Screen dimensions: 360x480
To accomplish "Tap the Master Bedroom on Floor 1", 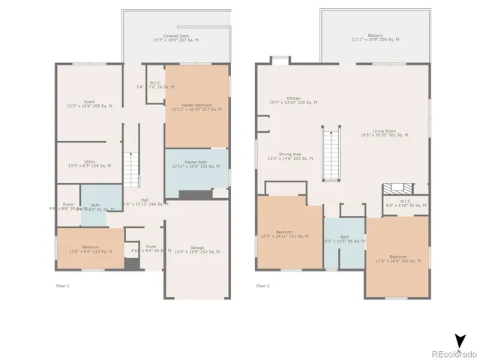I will click(x=196, y=106).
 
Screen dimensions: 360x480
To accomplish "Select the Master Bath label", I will click(x=196, y=164).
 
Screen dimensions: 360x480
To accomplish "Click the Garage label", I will click(x=196, y=250).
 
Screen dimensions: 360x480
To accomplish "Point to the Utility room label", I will click(x=89, y=163).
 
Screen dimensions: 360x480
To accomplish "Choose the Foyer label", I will click(x=151, y=248).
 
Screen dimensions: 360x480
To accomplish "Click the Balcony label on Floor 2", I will click(x=375, y=38).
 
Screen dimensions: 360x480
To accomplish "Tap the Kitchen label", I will click(x=293, y=100).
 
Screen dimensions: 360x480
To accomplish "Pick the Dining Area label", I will click(x=289, y=156).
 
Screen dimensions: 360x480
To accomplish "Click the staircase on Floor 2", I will click(x=330, y=154).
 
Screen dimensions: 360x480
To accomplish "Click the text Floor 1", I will click(x=63, y=286).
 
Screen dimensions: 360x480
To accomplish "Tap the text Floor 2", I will click(x=262, y=286).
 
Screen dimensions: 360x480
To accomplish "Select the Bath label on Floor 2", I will click(x=344, y=240).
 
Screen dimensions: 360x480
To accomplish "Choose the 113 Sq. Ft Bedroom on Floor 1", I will click(x=90, y=250).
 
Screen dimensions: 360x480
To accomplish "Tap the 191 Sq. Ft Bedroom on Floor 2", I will click(x=289, y=234).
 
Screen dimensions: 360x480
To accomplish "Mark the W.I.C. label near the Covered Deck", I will click(x=154, y=85).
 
